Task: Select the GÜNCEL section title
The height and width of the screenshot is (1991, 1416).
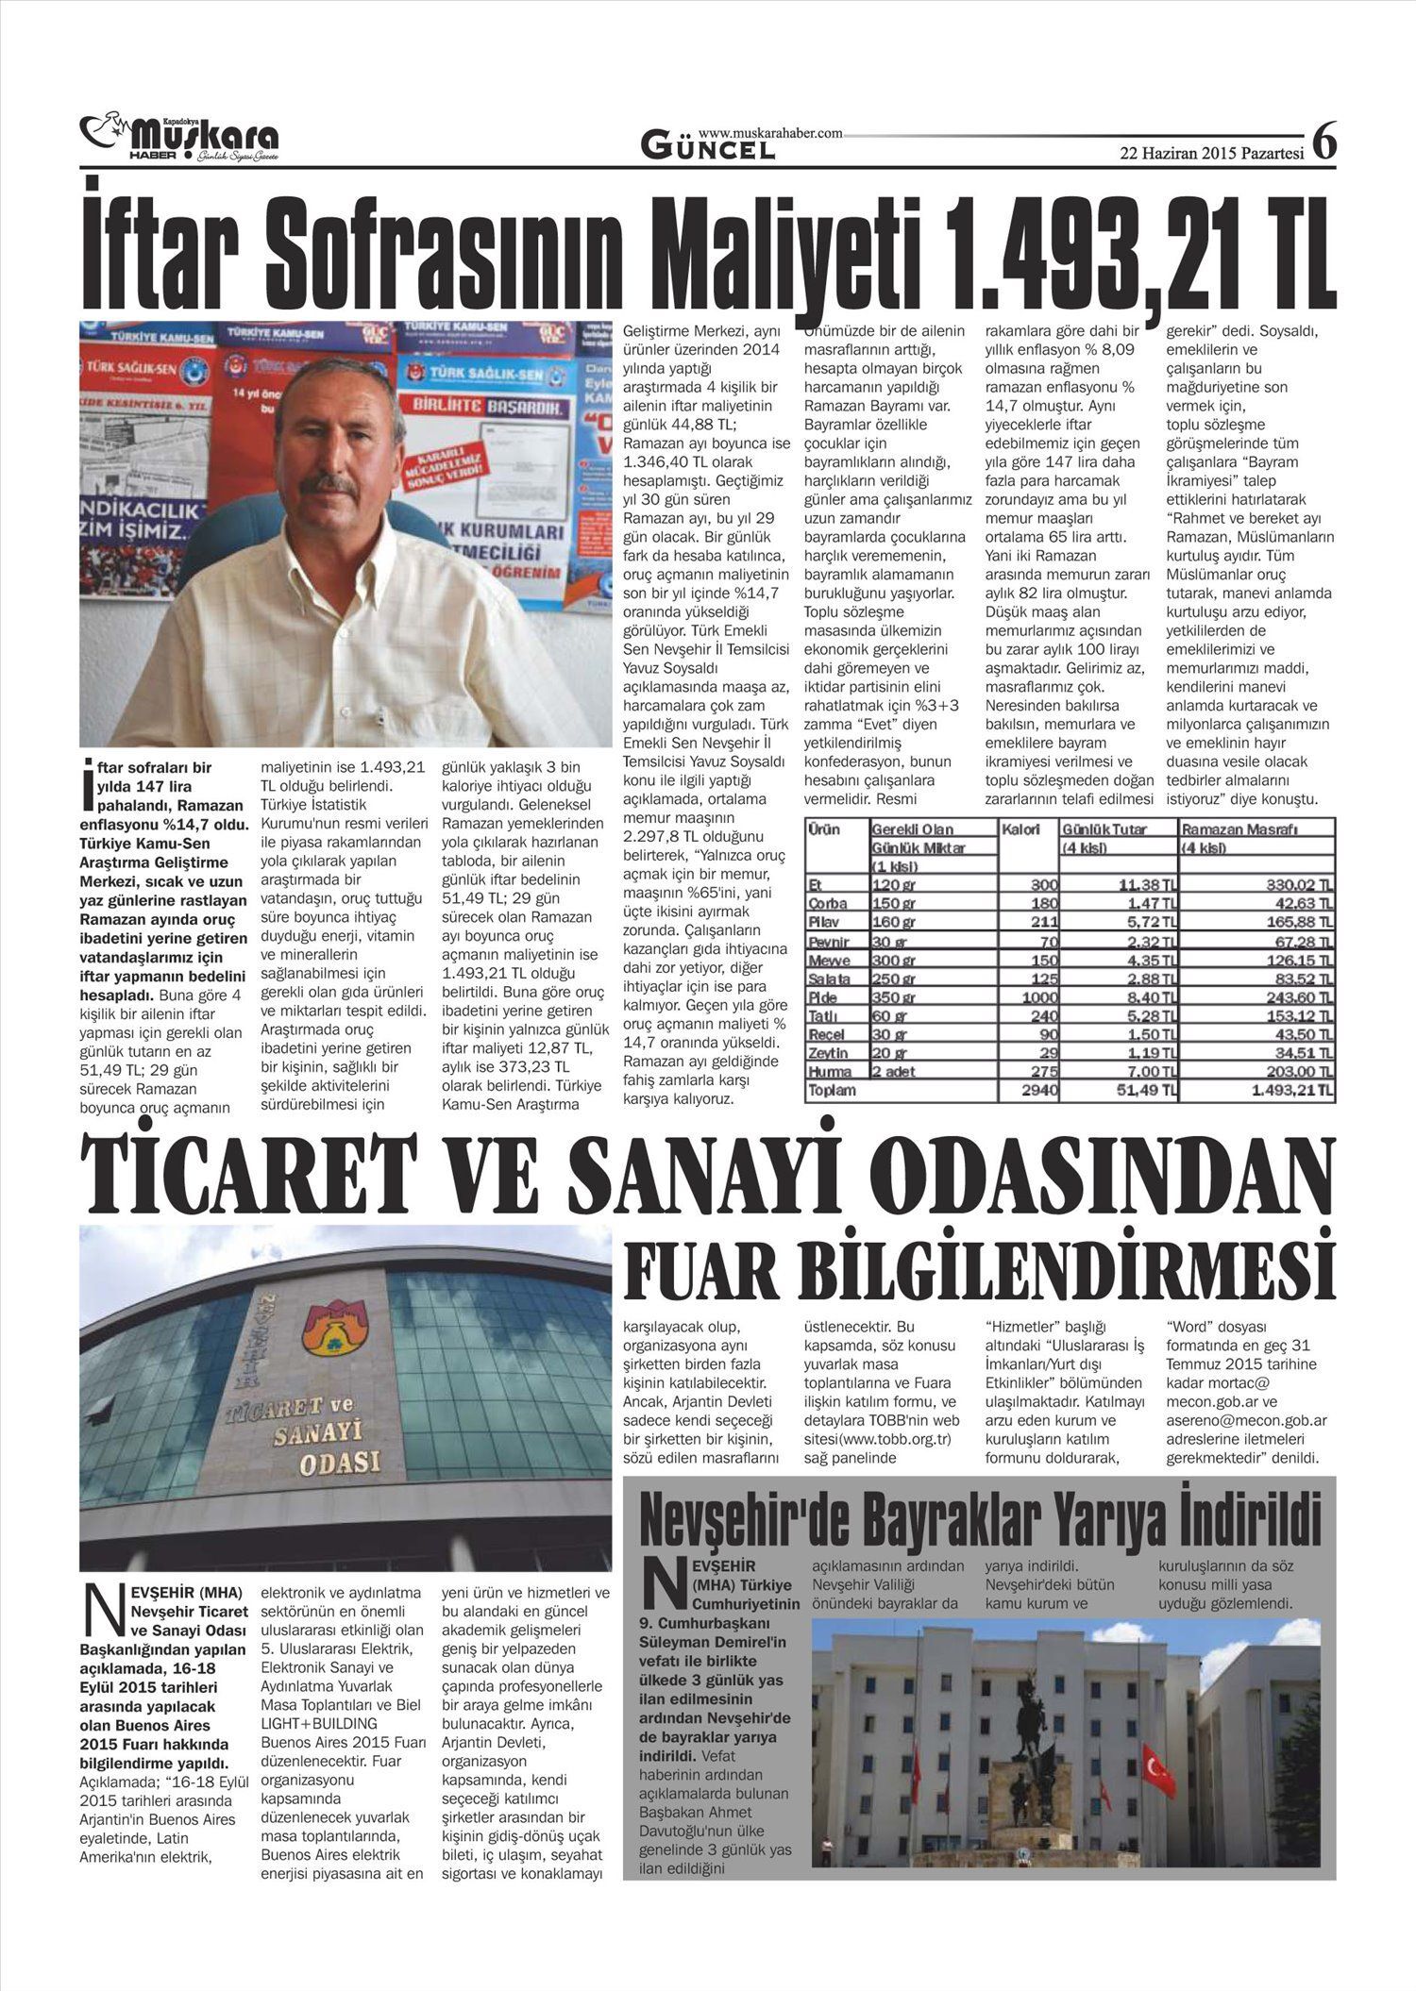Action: point(708,146)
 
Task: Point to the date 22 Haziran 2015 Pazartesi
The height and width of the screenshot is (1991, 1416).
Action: point(1211,154)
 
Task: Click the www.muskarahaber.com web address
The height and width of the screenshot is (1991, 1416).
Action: point(770,134)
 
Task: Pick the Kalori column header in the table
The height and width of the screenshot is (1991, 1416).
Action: point(1021,828)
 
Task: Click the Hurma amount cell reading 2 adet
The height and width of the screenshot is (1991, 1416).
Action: point(893,1072)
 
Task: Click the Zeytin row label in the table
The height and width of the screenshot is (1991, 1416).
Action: point(828,1053)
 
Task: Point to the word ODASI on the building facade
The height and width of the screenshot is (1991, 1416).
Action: point(339,1462)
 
